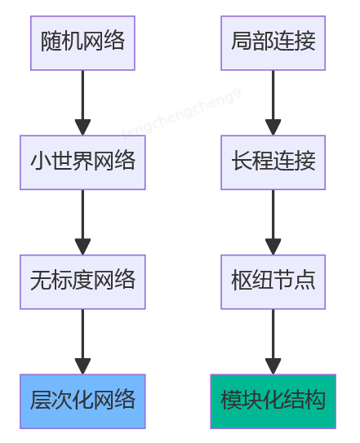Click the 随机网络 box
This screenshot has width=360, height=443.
point(82,42)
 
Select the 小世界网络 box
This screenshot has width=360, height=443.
point(82,162)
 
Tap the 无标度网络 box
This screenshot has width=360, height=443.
point(82,281)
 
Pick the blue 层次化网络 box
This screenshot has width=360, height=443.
point(82,401)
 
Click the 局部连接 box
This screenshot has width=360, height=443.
point(273,42)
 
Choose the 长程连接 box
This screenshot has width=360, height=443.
point(273,162)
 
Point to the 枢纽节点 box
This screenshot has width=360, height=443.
point(273,281)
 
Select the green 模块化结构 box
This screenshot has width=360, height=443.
point(273,401)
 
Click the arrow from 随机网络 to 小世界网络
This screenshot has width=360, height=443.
point(82,102)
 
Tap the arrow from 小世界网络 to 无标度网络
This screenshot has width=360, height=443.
point(82,222)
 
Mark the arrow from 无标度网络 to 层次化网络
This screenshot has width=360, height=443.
point(82,341)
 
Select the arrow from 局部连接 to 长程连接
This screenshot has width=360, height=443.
point(273,102)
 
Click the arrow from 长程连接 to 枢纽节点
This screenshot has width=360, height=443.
point(273,222)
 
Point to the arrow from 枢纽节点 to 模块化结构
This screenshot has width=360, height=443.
point(273,341)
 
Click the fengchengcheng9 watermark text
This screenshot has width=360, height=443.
point(182,114)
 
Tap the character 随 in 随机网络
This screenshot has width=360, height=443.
point(51,42)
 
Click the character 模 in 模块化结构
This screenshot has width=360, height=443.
point(231,401)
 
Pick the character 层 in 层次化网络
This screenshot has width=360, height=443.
point(41,401)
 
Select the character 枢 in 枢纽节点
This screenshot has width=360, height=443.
point(242,281)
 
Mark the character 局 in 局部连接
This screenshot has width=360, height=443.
point(242,42)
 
